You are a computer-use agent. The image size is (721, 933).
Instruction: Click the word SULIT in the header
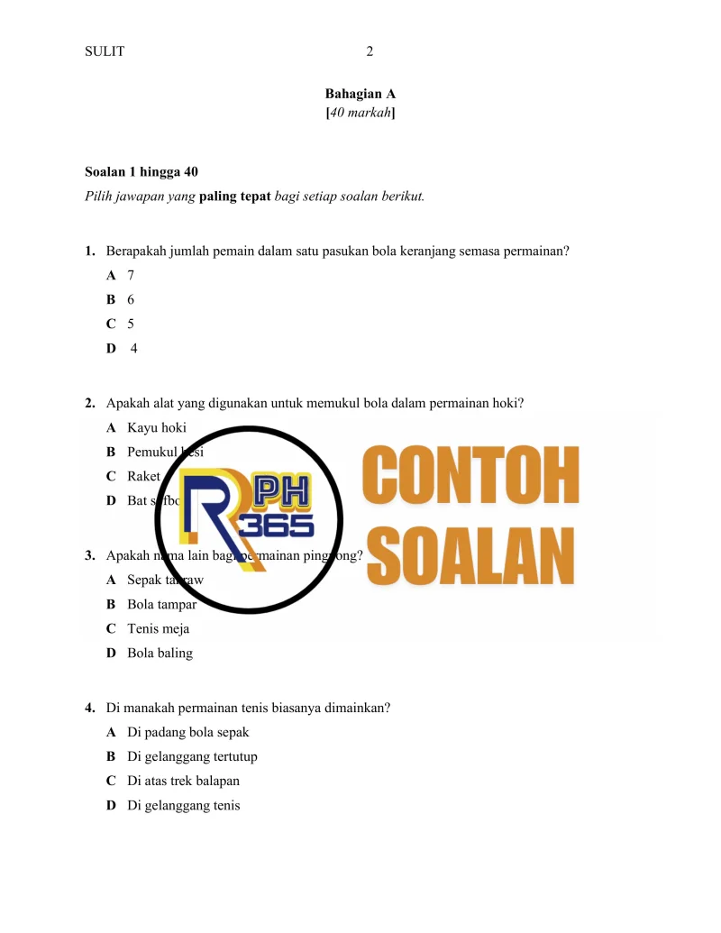point(104,51)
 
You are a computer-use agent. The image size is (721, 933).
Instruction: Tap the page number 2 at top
point(370,51)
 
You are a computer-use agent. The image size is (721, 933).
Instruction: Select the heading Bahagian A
point(360,94)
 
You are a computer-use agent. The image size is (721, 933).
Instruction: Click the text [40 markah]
point(360,114)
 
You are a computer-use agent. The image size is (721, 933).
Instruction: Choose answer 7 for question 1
point(131,275)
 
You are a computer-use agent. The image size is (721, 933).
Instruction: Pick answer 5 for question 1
point(131,323)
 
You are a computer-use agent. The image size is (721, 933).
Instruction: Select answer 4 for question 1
point(133,347)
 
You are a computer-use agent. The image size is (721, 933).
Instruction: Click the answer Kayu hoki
point(157,427)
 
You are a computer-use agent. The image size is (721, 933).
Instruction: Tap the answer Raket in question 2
point(143,476)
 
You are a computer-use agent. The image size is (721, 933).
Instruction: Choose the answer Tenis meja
point(158,628)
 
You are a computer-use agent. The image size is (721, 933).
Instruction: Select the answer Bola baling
point(160,653)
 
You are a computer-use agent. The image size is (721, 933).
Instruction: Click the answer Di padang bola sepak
point(187,732)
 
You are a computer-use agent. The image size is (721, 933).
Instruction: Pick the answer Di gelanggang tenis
point(184,805)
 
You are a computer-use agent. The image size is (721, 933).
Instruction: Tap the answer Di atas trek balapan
point(183,781)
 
